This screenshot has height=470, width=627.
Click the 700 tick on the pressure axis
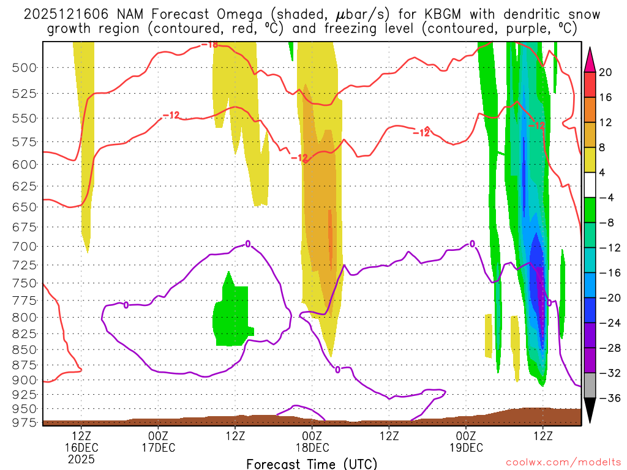pos(24,246)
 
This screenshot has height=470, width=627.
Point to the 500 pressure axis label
pos(24,67)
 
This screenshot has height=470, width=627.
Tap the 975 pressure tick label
pos(24,422)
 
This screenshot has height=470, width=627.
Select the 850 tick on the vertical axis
pos(24,349)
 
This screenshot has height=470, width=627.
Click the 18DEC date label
pos(312,447)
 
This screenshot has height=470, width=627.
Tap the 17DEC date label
pos(159,447)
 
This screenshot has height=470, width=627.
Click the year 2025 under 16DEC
pos(81,458)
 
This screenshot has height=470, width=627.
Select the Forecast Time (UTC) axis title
pos(312,463)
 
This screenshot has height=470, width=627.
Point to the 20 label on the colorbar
pos(606,72)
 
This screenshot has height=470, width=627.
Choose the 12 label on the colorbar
pos(606,122)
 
